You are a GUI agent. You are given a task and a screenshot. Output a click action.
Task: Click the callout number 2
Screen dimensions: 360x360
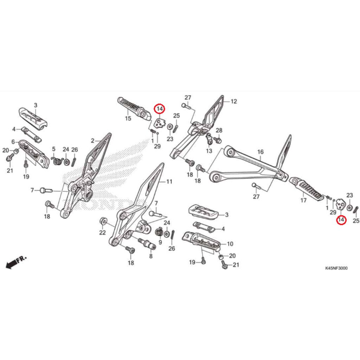[x=92, y=141]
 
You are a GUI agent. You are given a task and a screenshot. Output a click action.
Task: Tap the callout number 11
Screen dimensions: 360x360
[x=169, y=182]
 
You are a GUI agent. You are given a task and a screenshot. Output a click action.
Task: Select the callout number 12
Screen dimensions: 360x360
[x=234, y=102]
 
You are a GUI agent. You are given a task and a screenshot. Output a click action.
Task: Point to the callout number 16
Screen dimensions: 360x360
[x=260, y=152]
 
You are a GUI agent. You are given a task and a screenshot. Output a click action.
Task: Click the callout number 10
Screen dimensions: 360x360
[x=230, y=244]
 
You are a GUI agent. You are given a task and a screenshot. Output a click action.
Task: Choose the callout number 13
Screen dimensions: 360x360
[x=209, y=151]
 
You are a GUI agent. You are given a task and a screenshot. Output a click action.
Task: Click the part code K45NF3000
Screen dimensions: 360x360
[x=336, y=268]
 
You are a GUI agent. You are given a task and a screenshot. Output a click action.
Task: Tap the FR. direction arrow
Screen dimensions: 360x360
[x=16, y=262]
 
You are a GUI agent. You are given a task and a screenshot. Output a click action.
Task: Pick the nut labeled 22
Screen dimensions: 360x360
[x=102, y=221]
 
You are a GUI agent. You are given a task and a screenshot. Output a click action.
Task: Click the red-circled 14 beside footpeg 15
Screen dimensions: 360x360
[x=160, y=109]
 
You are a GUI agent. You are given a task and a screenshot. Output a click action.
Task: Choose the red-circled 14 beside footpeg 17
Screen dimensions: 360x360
[x=341, y=220]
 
